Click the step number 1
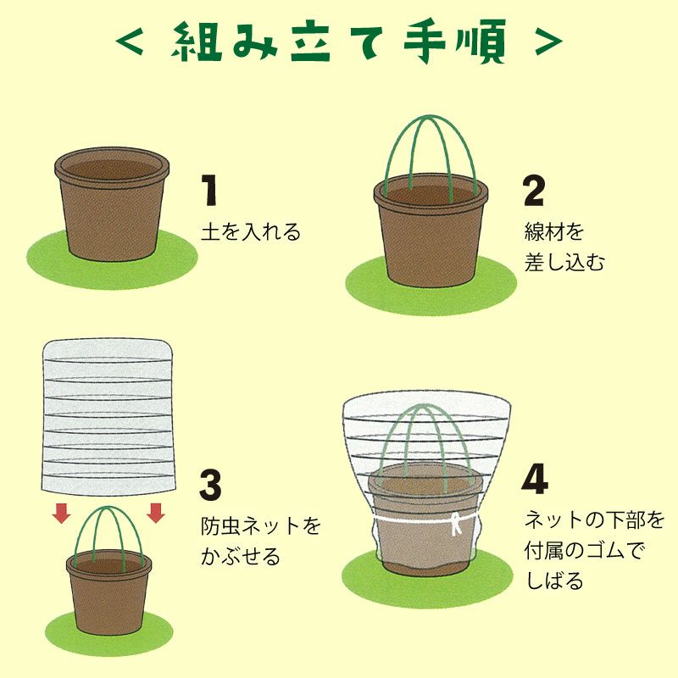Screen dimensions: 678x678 coord(209,190)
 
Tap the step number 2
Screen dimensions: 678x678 coord(534,191)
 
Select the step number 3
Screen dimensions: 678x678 coord(210,485)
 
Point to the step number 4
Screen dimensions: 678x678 coord(535,479)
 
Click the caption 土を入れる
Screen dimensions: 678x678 coord(251,231)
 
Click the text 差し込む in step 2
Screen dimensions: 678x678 coord(564,262)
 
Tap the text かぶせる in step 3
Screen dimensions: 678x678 coord(241,556)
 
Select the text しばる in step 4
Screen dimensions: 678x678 coord(554,581)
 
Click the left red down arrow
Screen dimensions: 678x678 coord(61,513)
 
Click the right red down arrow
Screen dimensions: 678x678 coord(156,513)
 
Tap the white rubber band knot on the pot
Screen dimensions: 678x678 coord(455,523)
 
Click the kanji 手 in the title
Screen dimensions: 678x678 coord(424,41)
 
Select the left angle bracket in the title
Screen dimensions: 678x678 coord(130,42)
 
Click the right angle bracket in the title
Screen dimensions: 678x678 coord(548,42)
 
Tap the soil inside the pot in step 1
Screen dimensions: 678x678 coord(112,169)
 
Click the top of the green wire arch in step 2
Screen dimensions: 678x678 coord(430,117)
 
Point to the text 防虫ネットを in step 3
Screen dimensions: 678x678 coord(260,525)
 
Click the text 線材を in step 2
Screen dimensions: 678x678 coord(554,231)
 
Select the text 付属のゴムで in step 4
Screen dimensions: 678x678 coord(584,550)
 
